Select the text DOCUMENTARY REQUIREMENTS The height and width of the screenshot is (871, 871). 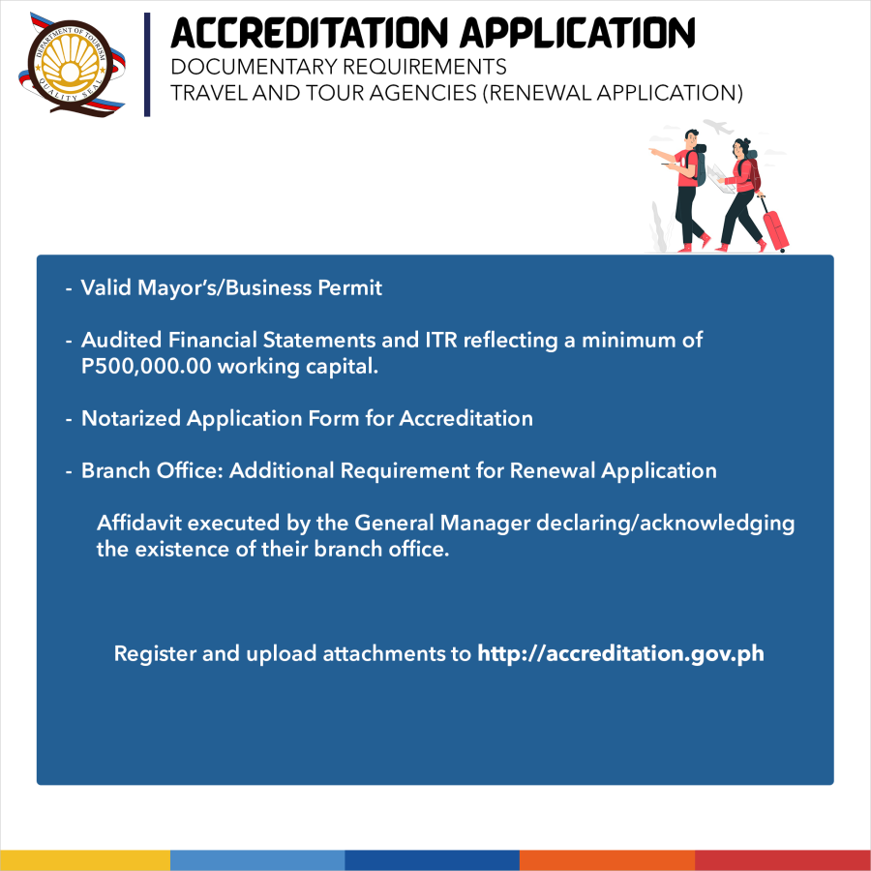[338, 68]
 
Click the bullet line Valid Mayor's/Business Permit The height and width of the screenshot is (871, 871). [231, 288]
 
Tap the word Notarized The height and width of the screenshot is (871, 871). [131, 419]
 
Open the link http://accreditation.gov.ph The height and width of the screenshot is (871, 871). [620, 653]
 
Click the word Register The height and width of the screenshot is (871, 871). [154, 653]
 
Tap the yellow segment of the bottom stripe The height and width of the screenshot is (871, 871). [85, 860]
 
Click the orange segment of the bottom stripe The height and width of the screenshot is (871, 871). [607, 860]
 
